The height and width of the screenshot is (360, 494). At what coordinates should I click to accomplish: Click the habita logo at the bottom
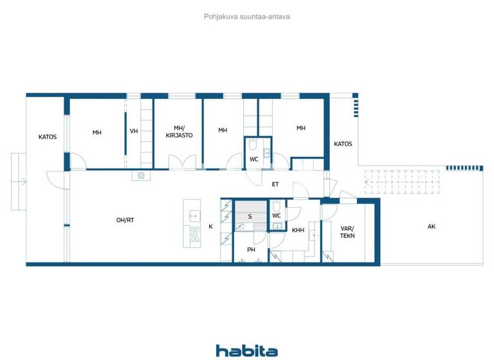coord(246,350)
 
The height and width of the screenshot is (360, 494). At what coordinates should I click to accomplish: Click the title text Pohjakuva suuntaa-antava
coord(246,17)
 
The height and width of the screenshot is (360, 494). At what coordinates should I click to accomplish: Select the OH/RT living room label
coord(125,220)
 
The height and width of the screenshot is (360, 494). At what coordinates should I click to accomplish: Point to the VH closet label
coord(134,132)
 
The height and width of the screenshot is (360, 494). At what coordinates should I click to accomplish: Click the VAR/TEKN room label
coord(347,231)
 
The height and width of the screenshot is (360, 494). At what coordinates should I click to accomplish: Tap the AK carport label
coord(431,226)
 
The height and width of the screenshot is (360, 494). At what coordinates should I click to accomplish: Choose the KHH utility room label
coord(298,230)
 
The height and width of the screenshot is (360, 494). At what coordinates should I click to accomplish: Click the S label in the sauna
coord(250,216)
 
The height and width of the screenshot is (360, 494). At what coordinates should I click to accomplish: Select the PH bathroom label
coord(252,249)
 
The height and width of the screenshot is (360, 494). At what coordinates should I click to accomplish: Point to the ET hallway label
coord(275,184)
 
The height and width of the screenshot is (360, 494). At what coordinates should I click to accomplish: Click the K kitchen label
coord(210,226)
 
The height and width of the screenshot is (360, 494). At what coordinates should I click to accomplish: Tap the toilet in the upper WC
coord(253,144)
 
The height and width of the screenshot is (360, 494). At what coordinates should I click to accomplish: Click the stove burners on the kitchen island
coord(194,234)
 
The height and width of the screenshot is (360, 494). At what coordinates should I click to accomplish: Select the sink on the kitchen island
coord(193,215)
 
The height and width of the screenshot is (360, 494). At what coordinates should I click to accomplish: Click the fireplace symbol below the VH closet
coord(141,175)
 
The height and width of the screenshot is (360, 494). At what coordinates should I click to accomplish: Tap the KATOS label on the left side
coord(48,136)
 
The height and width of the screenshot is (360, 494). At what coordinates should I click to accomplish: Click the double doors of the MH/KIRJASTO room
coord(187,163)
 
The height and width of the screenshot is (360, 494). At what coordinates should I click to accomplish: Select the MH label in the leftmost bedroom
coord(96,132)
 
